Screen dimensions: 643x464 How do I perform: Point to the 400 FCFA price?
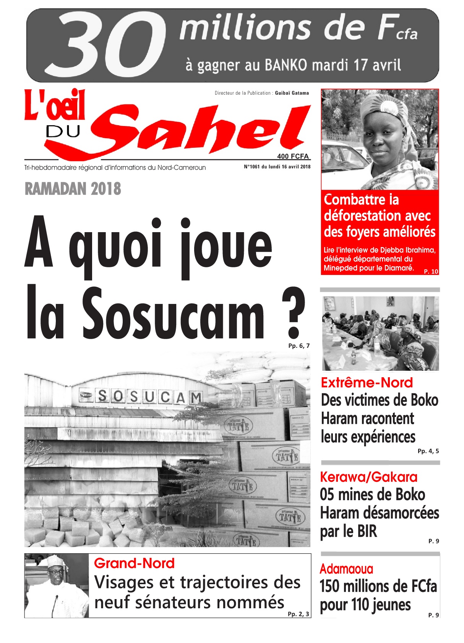point(293,156)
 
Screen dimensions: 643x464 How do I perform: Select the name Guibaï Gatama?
point(292,93)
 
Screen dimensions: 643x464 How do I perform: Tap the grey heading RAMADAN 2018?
point(73,189)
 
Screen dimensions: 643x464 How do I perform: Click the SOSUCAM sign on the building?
point(149,397)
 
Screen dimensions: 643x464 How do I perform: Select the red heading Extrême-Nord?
point(367,383)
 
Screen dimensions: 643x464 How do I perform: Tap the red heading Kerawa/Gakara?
point(368,477)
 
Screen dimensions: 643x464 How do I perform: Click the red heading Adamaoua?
point(346,569)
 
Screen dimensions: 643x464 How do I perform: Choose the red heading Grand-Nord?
point(134,563)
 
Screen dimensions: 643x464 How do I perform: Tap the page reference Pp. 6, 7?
point(299,346)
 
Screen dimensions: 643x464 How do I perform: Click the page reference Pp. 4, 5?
point(428,451)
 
